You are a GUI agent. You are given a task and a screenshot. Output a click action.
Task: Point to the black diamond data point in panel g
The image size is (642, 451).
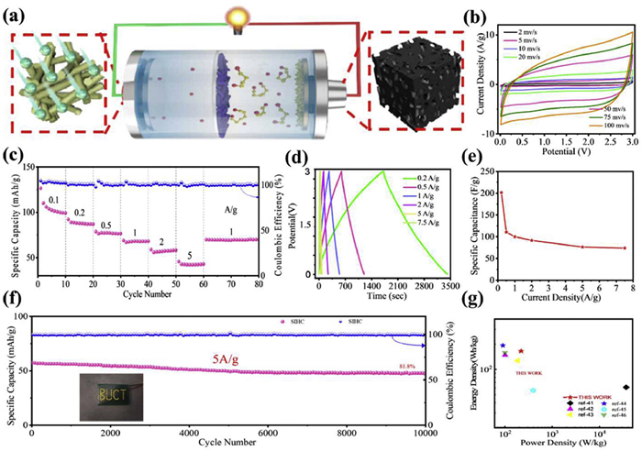tap(625, 387)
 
